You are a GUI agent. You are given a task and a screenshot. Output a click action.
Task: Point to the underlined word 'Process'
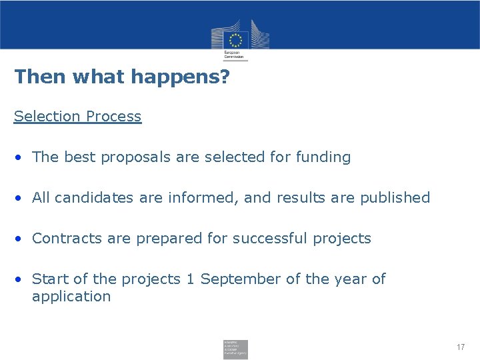[113, 116]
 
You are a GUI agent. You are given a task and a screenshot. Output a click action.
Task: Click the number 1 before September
[190, 279]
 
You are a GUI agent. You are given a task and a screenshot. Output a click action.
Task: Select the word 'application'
[71, 297]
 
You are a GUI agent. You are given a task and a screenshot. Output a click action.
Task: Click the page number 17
[461, 347]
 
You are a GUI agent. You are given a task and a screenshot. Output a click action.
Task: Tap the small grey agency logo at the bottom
[235, 349]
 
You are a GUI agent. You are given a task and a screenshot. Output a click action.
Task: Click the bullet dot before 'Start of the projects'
[21, 279]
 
